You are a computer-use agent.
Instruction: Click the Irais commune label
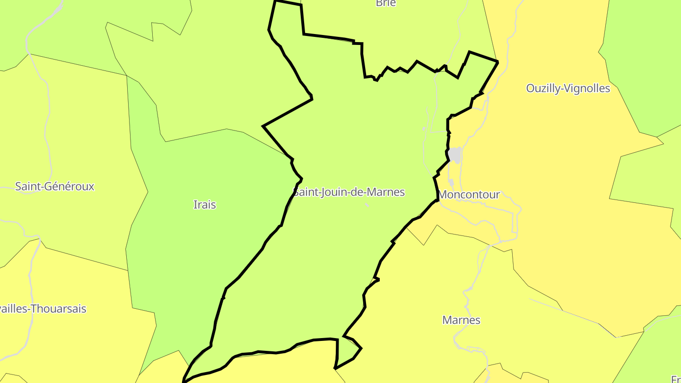coord(205,205)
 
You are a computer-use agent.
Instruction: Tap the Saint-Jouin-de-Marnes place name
coord(349,192)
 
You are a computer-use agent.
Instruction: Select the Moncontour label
coord(469,195)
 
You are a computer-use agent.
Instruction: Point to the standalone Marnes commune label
coord(461,320)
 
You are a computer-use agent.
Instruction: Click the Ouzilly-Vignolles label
coord(568,88)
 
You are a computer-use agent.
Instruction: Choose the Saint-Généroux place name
coord(55,186)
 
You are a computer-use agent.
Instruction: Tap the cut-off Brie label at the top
coord(385,3)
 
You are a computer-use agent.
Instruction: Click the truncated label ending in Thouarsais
coord(43,309)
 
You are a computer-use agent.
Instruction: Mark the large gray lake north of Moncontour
coord(455,154)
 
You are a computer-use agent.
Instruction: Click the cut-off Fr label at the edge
coord(676,379)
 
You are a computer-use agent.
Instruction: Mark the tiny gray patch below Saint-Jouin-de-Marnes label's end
coord(367,205)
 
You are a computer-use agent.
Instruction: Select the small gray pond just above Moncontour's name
coord(451,182)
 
